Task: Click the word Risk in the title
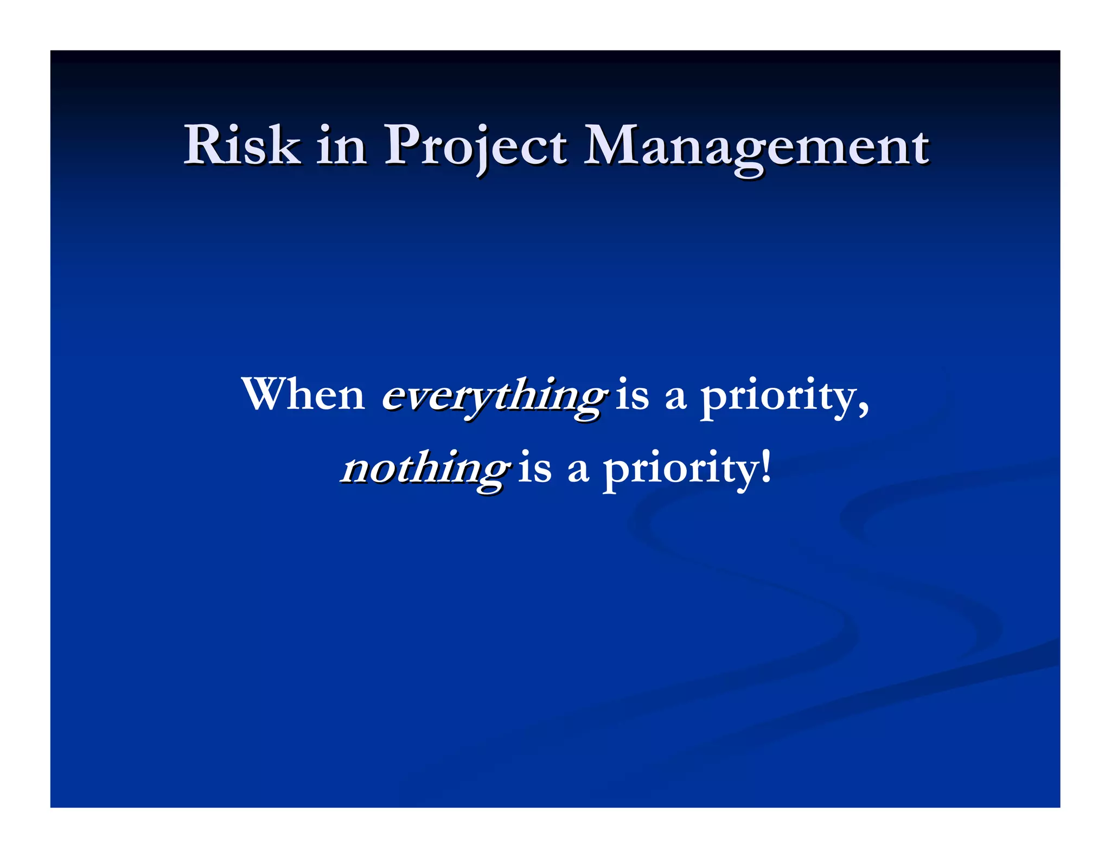tap(242, 145)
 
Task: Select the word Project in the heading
tap(475, 146)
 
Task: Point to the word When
tap(303, 394)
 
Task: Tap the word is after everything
tap(633, 395)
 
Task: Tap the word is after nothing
tap(535, 468)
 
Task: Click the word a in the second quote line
tap(578, 470)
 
